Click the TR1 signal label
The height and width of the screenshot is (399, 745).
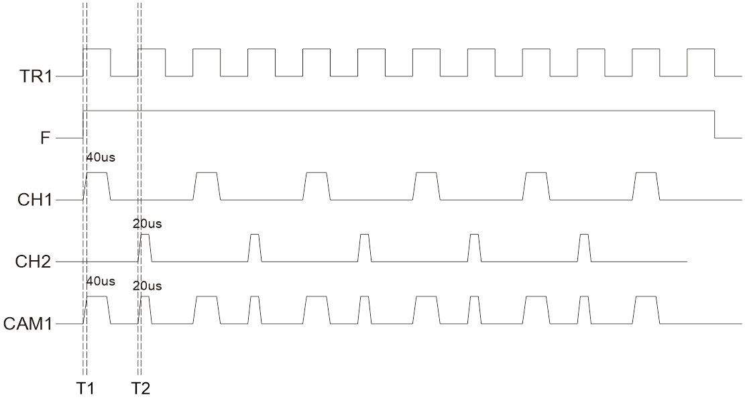35,76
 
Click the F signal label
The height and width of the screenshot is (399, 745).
46,139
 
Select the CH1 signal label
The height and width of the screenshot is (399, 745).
34,201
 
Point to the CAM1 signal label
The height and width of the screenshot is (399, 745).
27,324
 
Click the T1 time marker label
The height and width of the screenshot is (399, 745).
85,388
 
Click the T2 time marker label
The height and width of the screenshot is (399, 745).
141,388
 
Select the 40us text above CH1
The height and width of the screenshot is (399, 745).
101,157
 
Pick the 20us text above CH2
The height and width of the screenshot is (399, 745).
148,224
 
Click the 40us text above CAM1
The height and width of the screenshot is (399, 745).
101,281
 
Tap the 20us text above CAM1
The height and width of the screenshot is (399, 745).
148,286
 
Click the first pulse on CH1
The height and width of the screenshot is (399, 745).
97,186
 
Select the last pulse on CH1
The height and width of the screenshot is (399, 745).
646,186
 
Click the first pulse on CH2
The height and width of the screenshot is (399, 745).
145,248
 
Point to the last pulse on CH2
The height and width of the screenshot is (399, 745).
585,248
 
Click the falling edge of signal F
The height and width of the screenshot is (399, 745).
715,125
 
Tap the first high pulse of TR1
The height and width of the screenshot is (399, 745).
97,62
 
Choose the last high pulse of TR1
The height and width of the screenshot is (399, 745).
701,62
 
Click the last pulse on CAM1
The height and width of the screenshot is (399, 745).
646,310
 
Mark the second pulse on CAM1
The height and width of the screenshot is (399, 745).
145,310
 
